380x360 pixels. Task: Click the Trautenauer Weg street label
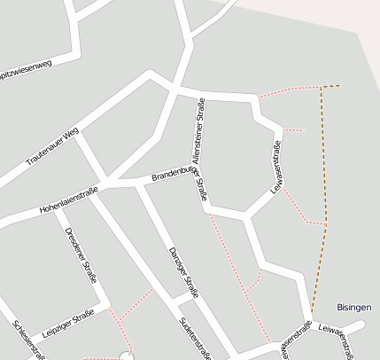52,146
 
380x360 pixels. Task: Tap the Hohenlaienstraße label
67,200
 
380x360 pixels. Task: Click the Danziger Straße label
181,265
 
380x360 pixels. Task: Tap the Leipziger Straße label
67,323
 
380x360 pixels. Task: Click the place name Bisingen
354,307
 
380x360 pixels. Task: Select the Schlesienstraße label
28,340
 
